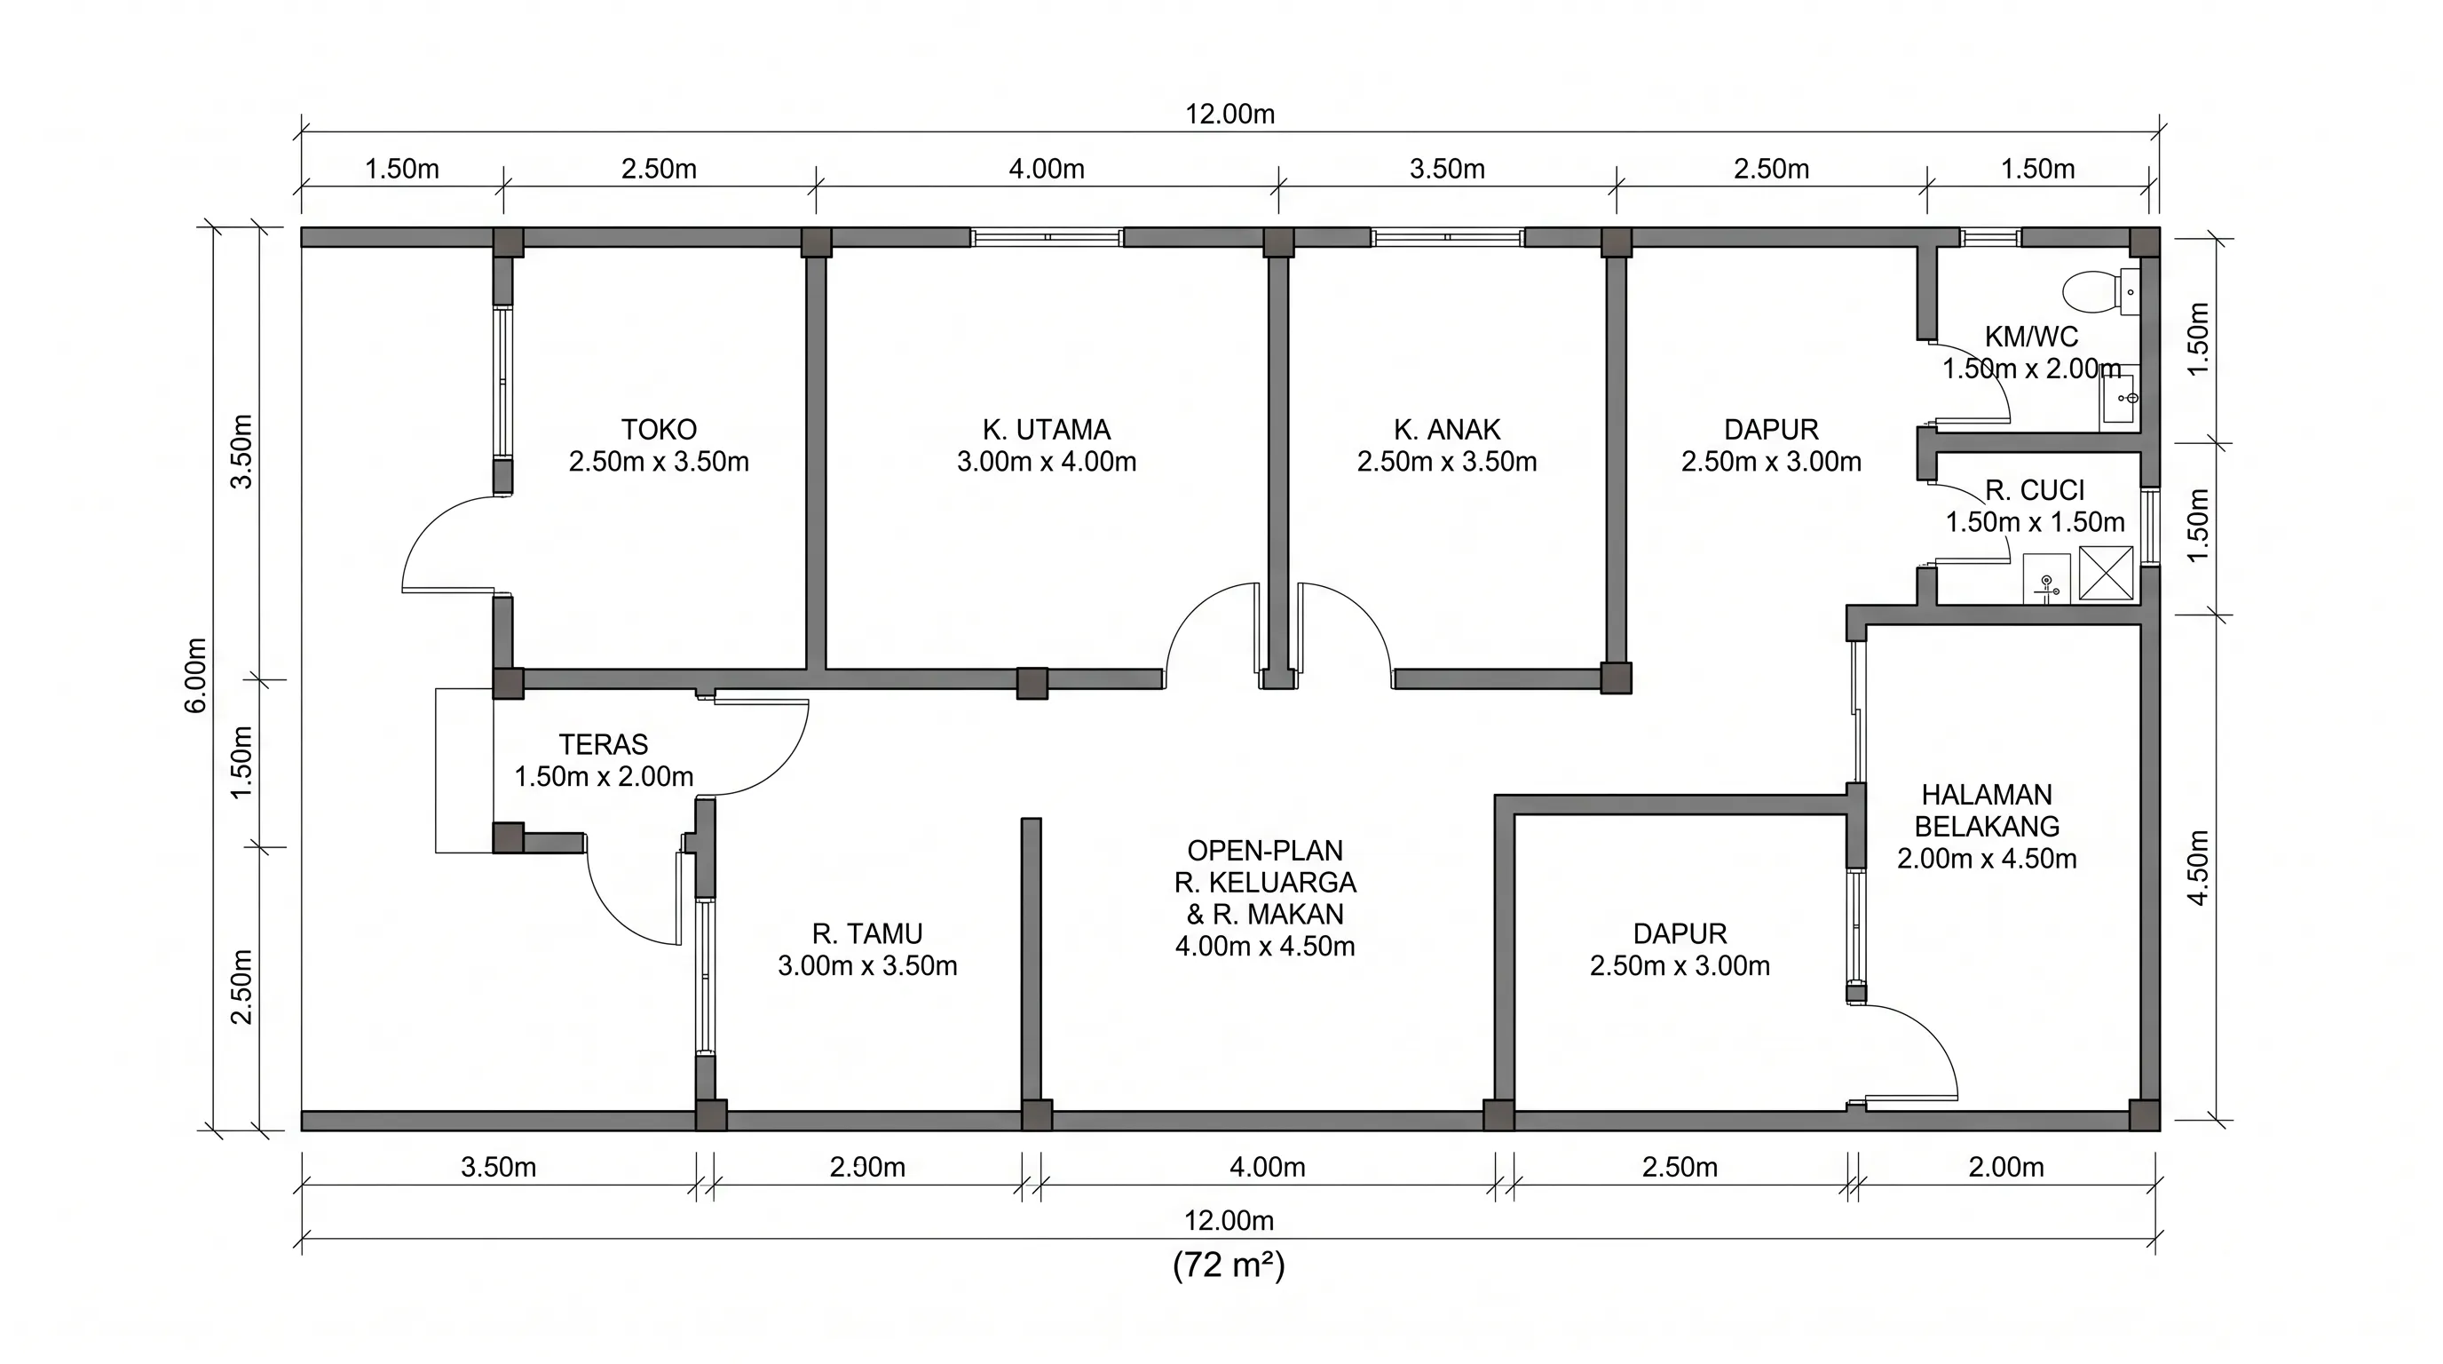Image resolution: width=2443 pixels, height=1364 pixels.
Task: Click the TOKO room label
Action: [x=659, y=430]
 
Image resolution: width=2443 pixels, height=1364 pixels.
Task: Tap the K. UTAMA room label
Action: [x=1046, y=430]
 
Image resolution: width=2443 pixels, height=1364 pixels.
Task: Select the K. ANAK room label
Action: [x=1447, y=430]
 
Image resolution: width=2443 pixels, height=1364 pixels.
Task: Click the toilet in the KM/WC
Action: [x=2099, y=291]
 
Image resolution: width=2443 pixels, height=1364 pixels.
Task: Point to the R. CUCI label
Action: [x=2036, y=490]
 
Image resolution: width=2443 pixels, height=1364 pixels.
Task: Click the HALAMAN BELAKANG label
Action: [x=1987, y=810]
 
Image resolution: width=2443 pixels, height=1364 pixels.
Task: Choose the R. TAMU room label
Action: [x=866, y=934]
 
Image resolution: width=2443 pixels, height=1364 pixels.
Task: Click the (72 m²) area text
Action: [x=1229, y=1265]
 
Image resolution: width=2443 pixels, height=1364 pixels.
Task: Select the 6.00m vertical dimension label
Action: [x=195, y=676]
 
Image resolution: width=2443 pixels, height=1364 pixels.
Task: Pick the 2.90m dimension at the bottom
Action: [x=868, y=1167]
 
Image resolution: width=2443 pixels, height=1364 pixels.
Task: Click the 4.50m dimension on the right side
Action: [x=2198, y=868]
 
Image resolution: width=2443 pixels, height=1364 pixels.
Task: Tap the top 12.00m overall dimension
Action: [x=1230, y=114]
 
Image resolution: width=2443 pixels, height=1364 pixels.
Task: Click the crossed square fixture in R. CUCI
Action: [x=2106, y=573]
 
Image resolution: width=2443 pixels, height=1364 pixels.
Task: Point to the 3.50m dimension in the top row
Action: [x=1447, y=169]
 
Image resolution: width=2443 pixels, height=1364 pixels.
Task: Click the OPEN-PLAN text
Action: [x=1265, y=851]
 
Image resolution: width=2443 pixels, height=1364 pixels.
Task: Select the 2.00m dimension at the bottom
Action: [x=2006, y=1167]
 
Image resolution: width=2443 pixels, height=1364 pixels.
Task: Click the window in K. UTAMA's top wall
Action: [x=1047, y=237]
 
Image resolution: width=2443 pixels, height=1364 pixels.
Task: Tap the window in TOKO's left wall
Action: [x=502, y=384]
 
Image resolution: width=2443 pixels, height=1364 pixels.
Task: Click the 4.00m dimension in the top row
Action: [x=1046, y=169]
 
